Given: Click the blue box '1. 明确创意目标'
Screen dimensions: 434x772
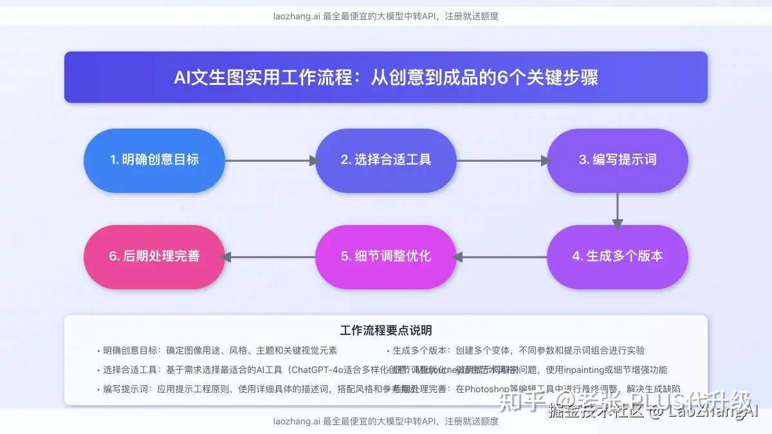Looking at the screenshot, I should [154, 160].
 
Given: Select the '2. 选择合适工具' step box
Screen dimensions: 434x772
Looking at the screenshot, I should [385, 160].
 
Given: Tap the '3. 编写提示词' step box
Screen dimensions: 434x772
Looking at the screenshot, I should [617, 160].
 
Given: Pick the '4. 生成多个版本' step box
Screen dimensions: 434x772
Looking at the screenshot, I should [617, 256].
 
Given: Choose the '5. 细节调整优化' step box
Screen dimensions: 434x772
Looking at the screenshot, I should [385, 256].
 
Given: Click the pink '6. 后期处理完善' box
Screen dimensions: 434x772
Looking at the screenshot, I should [154, 256].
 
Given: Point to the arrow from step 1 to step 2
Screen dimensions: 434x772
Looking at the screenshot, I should [270, 161].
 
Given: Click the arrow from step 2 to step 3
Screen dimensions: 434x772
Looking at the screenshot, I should [502, 161].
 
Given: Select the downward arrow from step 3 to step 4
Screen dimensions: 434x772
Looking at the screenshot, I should [618, 209].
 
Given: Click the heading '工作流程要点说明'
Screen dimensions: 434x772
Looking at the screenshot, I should [386, 330].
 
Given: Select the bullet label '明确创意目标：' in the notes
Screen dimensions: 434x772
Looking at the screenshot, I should [134, 351].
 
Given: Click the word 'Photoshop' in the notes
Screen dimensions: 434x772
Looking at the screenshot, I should [488, 389].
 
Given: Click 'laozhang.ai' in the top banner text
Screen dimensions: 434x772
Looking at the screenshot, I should [296, 16].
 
